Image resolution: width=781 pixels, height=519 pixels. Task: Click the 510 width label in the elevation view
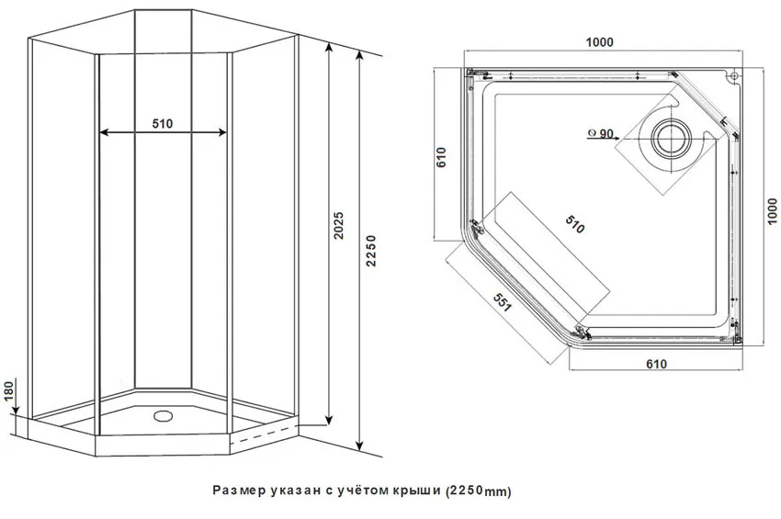(x=163, y=124)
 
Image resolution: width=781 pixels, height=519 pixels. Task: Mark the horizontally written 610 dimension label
(x=655, y=365)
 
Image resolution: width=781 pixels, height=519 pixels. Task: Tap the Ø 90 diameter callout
(x=600, y=133)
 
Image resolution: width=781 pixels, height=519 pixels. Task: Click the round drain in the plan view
(x=669, y=137)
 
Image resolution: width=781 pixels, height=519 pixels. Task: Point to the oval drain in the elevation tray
(x=164, y=414)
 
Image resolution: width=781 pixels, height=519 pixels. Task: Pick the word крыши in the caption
(x=420, y=491)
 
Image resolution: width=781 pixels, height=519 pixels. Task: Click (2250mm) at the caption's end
(x=478, y=491)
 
